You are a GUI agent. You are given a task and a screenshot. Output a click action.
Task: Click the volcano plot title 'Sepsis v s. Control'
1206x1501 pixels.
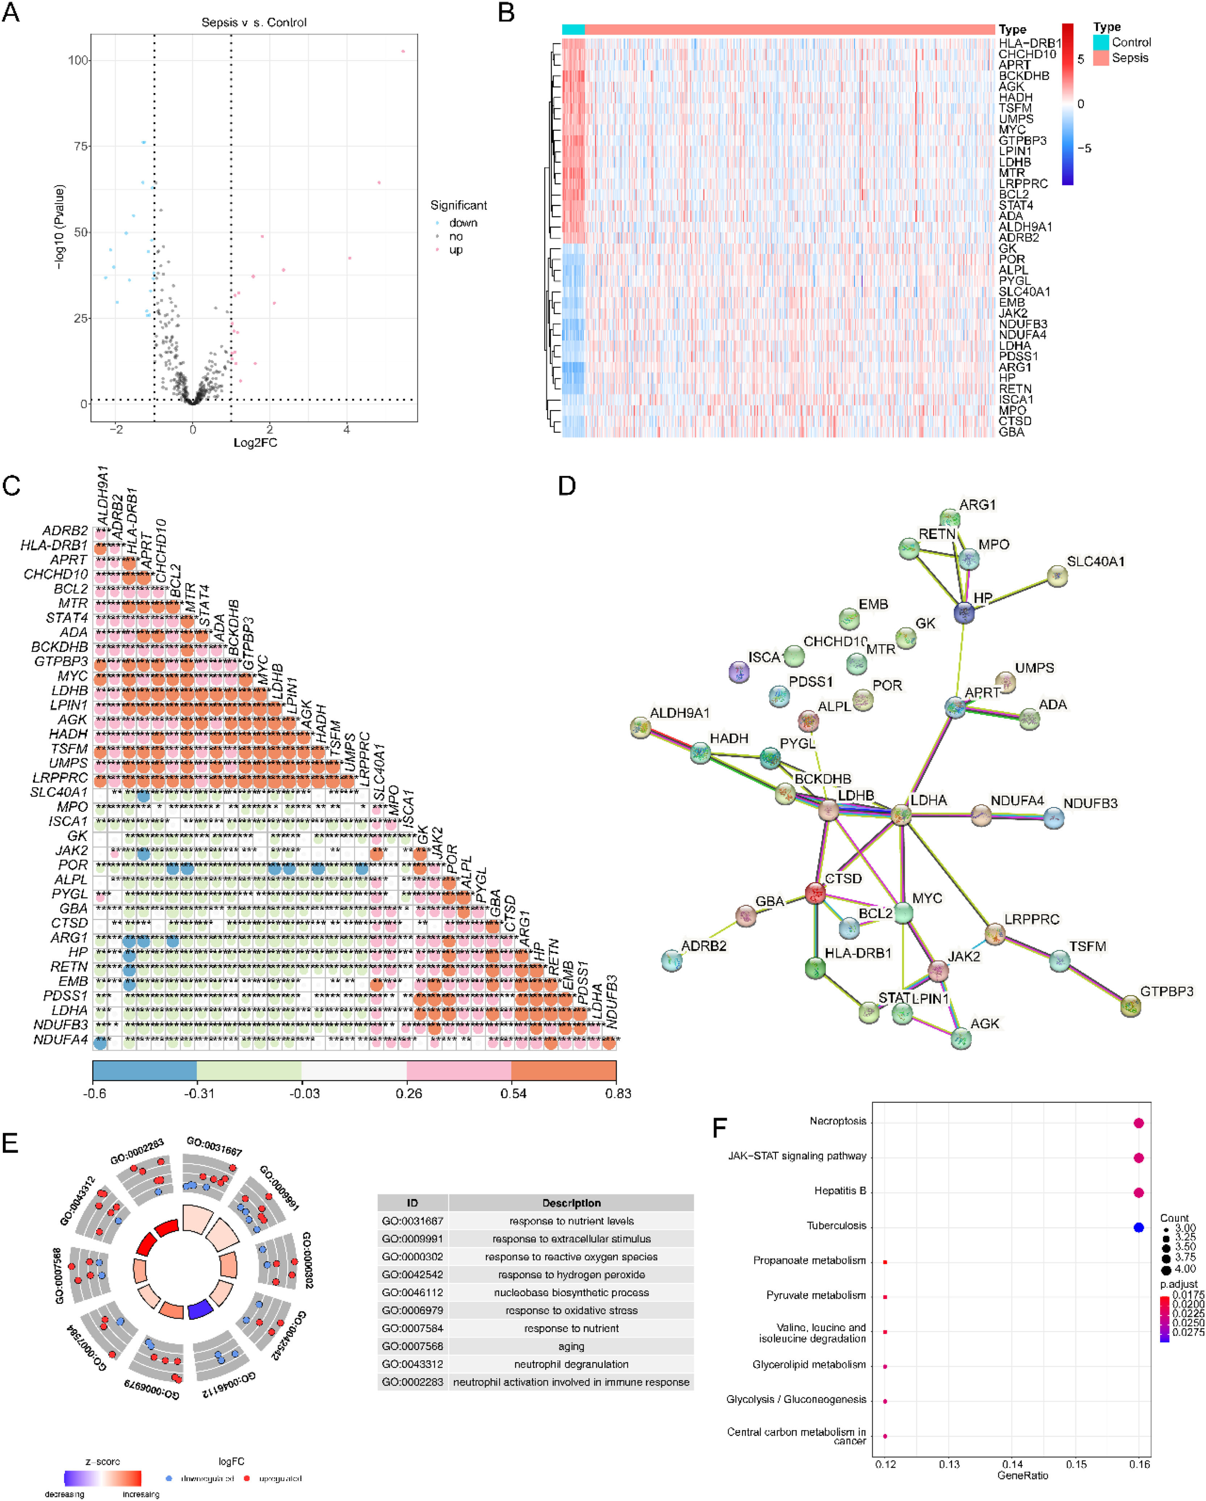point(254,22)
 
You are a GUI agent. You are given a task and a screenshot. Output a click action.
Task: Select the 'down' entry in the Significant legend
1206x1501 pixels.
point(463,223)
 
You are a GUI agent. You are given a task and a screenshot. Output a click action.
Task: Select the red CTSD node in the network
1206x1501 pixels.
point(815,893)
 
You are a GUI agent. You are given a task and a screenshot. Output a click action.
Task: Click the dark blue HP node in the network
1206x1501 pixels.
point(964,613)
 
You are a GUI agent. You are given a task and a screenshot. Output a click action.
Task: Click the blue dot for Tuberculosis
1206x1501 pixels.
point(1138,1227)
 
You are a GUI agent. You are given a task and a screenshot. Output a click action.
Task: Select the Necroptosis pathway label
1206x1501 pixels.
point(838,1121)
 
